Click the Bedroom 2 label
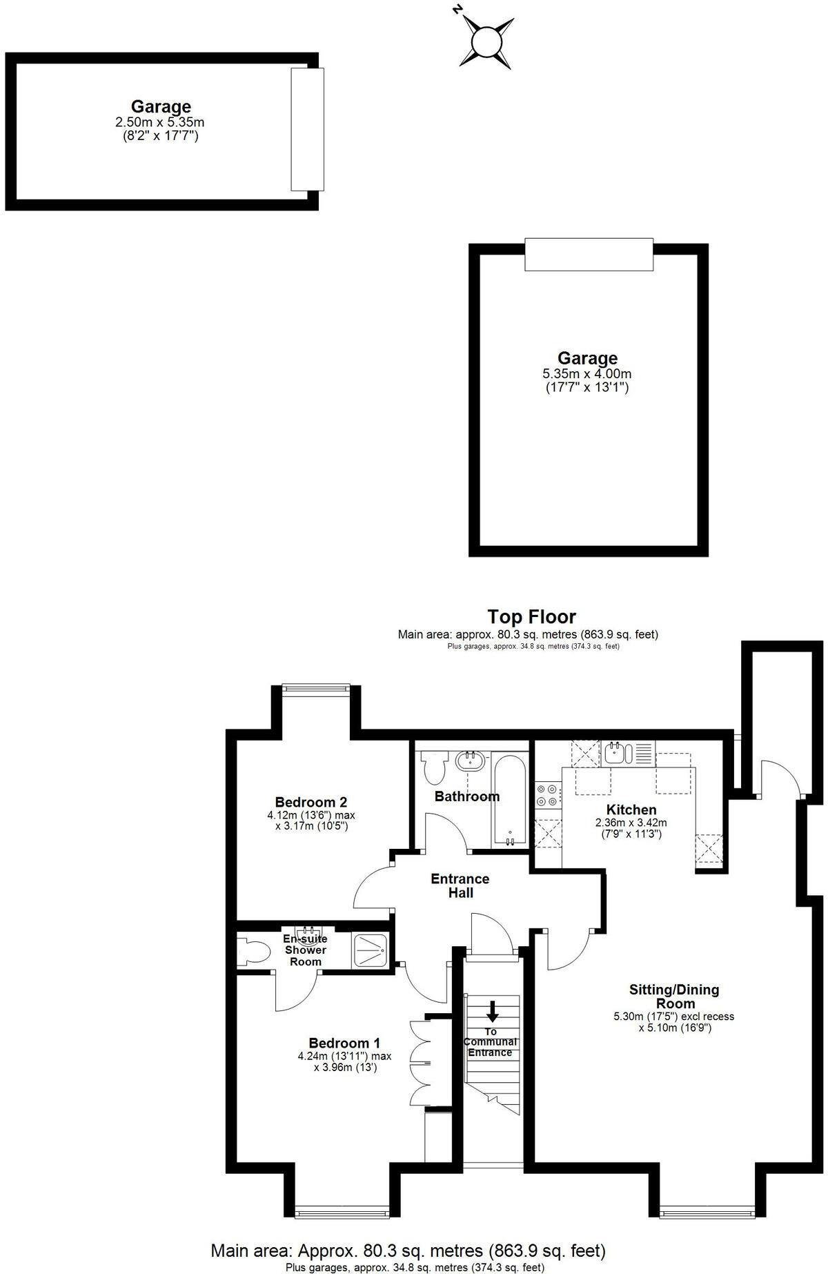pos(310,802)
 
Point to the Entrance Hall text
pos(460,885)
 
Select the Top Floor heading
pos(531,616)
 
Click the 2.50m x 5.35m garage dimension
pos(160,122)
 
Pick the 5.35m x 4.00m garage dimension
pos(587,374)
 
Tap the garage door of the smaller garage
pos(306,129)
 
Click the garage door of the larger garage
pos(589,255)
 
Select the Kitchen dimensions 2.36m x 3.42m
pos(631,823)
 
